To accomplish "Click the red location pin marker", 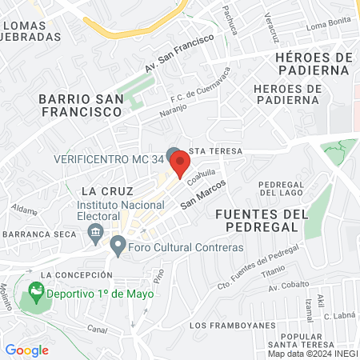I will pos(181,165).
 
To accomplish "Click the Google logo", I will pos(26,350).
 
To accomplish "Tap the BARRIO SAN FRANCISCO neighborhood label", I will pos(79,106).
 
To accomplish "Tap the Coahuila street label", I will pos(202,178).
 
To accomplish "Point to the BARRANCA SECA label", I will pos(38,234).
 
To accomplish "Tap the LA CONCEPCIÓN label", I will pos(72,275).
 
